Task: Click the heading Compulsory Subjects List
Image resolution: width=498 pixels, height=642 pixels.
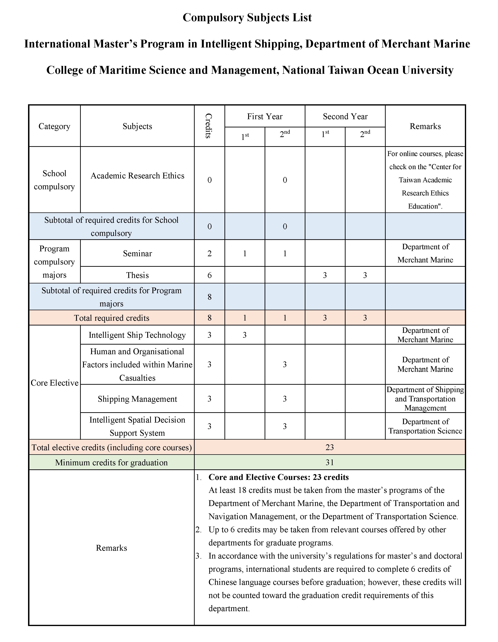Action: (247, 18)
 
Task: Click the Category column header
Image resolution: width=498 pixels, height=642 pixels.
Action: (54, 126)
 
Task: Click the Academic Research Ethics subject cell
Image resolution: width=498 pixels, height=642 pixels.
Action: (137, 176)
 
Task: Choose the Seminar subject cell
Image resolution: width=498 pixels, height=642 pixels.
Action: (137, 253)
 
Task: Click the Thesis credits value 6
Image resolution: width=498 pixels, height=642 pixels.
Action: (209, 275)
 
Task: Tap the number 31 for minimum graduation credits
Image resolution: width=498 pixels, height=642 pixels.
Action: (330, 462)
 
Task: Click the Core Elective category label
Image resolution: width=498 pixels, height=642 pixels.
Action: (54, 383)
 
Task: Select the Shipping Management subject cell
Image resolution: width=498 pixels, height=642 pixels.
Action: (137, 399)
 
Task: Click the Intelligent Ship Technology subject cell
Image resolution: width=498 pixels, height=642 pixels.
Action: (137, 335)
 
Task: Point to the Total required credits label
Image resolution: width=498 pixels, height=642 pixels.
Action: (111, 318)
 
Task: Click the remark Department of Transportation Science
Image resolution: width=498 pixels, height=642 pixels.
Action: (425, 426)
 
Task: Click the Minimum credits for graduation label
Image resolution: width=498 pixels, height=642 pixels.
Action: (111, 462)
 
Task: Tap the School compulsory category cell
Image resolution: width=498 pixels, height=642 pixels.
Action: (54, 180)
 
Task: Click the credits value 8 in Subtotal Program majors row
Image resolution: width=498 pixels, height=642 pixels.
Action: (209, 297)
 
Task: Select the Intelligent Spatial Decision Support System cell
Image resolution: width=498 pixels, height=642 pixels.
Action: (137, 426)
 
